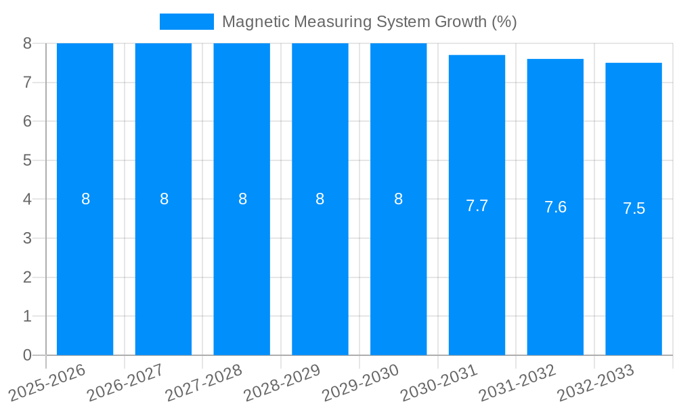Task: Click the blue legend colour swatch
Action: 186,22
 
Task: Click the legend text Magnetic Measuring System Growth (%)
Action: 369,22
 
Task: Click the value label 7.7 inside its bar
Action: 477,206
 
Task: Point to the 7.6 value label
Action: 555,208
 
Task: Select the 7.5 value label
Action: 634,209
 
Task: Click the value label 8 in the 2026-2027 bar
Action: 164,199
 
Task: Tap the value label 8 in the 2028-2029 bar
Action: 320,199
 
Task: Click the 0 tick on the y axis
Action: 27,355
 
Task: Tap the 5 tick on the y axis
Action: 27,160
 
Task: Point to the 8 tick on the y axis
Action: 27,43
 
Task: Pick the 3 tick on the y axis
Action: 27,238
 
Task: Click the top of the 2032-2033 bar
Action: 634,64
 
